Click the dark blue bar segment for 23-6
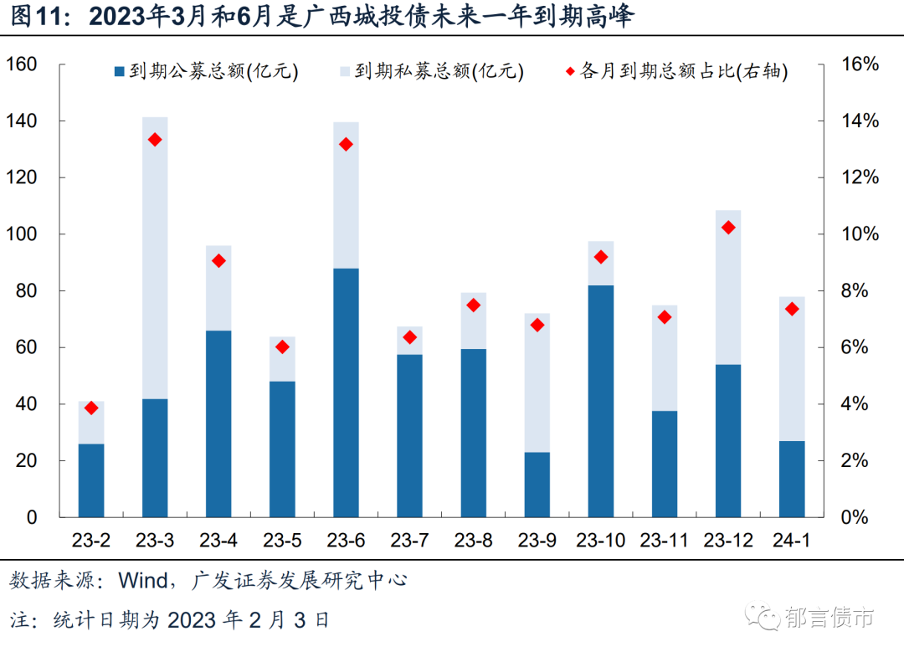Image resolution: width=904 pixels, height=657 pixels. click(x=346, y=393)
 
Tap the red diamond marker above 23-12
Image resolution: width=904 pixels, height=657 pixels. click(x=728, y=228)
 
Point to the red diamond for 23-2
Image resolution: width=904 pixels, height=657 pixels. click(x=91, y=408)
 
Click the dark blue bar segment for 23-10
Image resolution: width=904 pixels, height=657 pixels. click(x=600, y=401)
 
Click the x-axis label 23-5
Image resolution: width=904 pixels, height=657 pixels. click(x=282, y=541)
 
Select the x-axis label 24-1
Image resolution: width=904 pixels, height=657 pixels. click(x=792, y=541)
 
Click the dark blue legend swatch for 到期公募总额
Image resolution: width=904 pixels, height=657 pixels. click(x=119, y=72)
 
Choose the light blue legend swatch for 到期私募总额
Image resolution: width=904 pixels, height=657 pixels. click(x=344, y=72)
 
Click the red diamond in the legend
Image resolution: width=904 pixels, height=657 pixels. click(x=569, y=72)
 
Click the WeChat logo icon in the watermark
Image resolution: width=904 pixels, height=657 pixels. click(x=764, y=617)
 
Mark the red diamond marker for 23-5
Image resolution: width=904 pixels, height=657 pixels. click(x=282, y=346)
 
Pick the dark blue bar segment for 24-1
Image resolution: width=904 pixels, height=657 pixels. click(x=792, y=479)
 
